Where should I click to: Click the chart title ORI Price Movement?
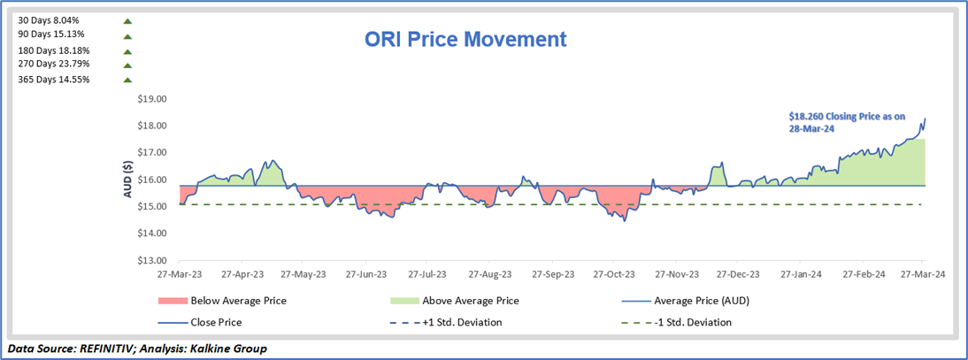pyautogui.click(x=465, y=40)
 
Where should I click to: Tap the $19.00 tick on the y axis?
pyautogui.click(x=151, y=99)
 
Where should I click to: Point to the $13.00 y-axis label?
pyautogui.click(x=151, y=261)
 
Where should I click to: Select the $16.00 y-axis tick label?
pyautogui.click(x=151, y=180)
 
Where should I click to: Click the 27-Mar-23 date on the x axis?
pyautogui.click(x=180, y=274)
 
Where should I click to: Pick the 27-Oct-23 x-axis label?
pyautogui.click(x=615, y=274)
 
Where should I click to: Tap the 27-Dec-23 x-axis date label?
pyautogui.click(x=740, y=274)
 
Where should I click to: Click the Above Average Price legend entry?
pyautogui.click(x=470, y=301)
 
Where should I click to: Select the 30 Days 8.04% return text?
pyautogui.click(x=50, y=19)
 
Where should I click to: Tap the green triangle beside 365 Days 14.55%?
pyautogui.click(x=127, y=80)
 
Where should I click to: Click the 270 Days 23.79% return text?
pyautogui.click(x=53, y=64)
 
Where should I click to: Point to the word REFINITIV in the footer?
pyautogui.click(x=105, y=349)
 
